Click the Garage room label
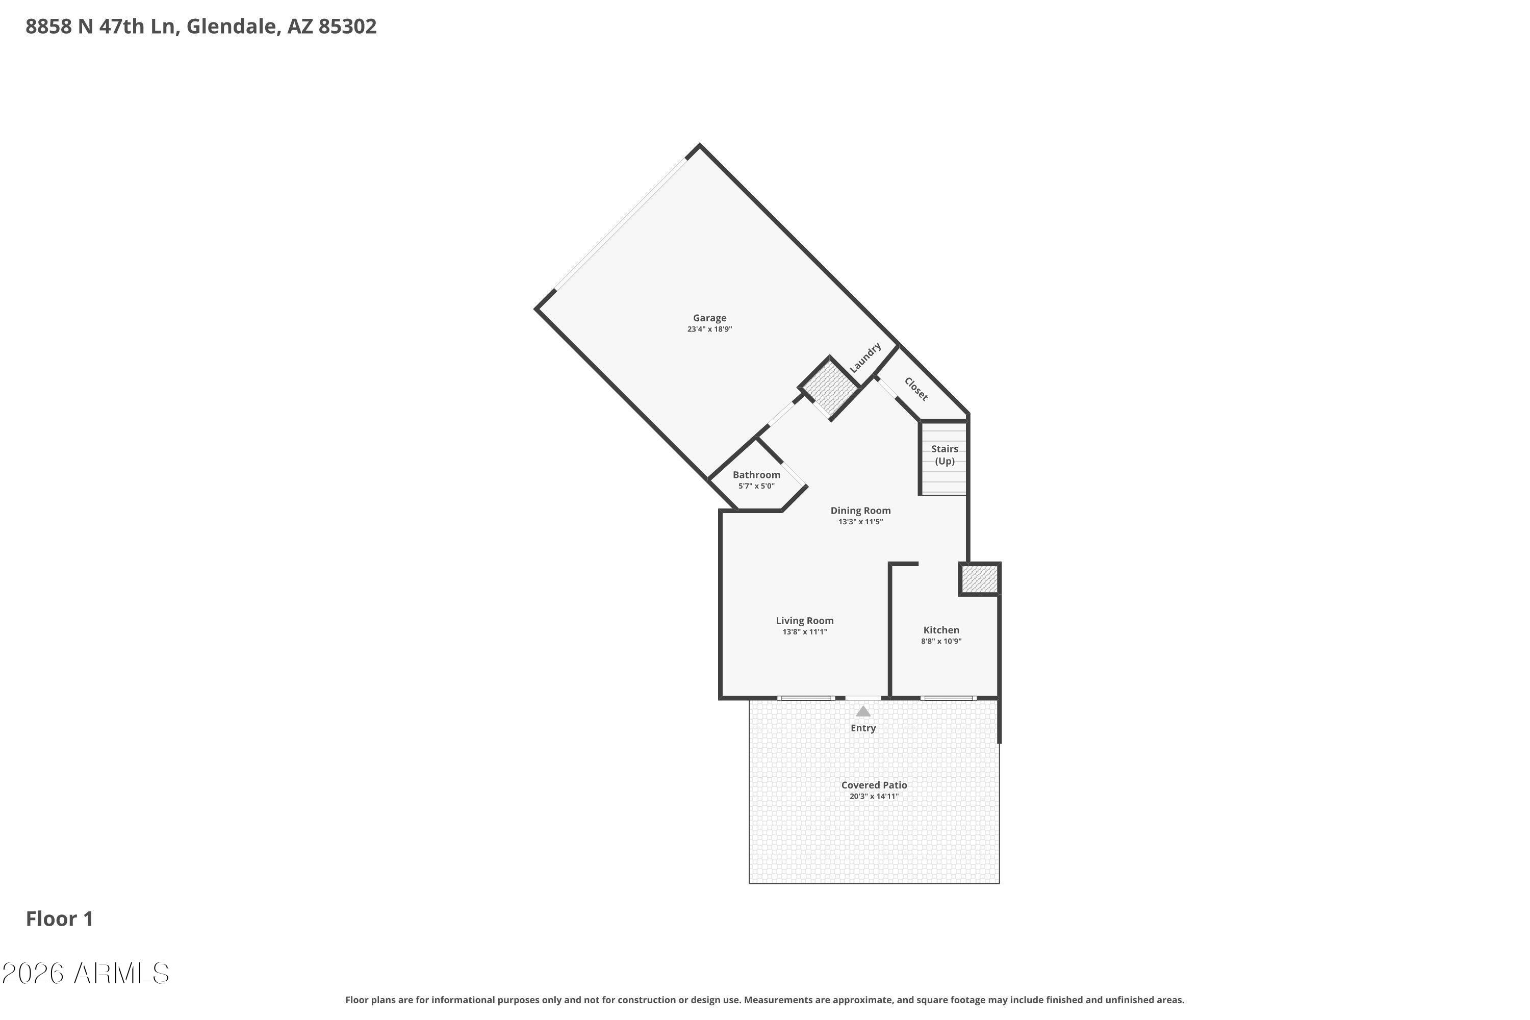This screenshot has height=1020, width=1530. click(x=709, y=318)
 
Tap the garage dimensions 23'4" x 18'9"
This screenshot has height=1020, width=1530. click(x=709, y=329)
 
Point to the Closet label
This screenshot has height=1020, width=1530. click(x=916, y=389)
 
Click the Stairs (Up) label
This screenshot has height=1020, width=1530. click(x=945, y=455)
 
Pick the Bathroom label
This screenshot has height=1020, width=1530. click(x=756, y=475)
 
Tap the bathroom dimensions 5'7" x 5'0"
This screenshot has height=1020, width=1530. click(x=756, y=486)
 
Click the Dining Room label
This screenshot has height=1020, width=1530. click(x=861, y=511)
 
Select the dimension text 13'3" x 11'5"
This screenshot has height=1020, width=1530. click(x=861, y=522)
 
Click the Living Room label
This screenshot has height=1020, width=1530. click(x=805, y=621)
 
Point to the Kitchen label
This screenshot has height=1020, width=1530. click(x=941, y=630)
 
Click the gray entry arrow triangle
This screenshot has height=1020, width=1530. click(x=863, y=711)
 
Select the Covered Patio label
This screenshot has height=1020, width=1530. click(x=874, y=785)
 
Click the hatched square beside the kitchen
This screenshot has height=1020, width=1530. click(x=980, y=579)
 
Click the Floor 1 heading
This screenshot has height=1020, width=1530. click(x=60, y=919)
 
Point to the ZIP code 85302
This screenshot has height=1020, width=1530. click(x=347, y=27)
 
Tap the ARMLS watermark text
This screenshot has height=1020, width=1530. click(x=86, y=973)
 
